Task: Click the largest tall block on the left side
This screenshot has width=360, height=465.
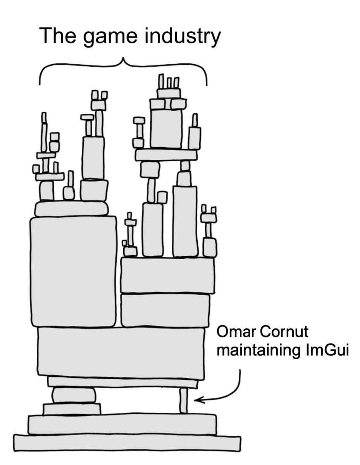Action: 73,271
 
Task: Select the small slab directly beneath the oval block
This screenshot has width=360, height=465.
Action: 72,409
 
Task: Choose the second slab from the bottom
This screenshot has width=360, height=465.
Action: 122,424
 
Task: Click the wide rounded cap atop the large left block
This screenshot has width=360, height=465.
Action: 71,208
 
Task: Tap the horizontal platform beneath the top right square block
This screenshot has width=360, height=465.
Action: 166,155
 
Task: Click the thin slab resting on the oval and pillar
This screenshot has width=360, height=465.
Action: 122,382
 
